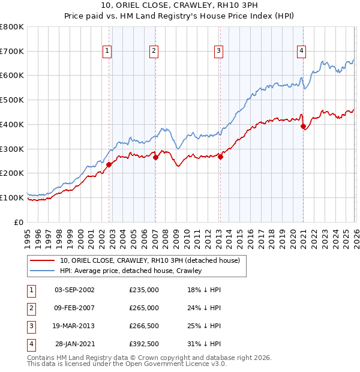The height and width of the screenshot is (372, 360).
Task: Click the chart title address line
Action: pos(179,7)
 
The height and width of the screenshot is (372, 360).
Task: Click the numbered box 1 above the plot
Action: pos(107,52)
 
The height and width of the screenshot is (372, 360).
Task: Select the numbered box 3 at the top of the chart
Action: pos(218,52)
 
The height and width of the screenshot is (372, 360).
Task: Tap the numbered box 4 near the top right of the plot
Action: pos(301,52)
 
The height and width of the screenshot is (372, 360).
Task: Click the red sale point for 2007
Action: pos(155,158)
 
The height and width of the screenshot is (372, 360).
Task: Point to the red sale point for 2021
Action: pos(304,127)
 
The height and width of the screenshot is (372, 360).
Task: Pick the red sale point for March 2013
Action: pos(220,157)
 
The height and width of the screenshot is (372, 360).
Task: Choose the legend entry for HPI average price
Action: pos(131,271)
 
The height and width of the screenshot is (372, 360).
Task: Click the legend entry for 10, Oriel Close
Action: pos(149,260)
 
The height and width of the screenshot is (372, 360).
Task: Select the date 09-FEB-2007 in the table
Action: pos(74,308)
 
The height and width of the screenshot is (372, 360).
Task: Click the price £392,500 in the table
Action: pos(144,344)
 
